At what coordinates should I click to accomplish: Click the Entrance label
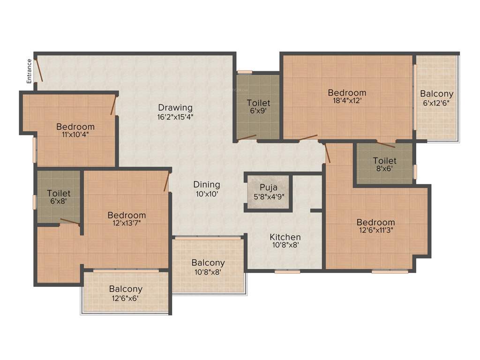point(29,71)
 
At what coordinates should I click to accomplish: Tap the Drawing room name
point(175,107)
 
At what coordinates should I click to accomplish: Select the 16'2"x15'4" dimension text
point(175,117)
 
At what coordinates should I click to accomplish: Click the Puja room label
point(268,187)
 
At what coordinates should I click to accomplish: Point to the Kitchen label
point(285,237)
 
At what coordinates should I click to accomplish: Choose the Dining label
point(207,185)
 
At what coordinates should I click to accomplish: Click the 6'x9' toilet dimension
point(258,112)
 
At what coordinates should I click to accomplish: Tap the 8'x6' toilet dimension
point(384,170)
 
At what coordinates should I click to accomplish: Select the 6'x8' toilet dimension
point(59,202)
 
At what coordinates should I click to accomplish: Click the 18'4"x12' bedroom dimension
point(347,101)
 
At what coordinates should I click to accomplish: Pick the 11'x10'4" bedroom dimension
point(75,135)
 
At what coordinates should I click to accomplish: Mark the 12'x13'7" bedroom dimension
point(127,224)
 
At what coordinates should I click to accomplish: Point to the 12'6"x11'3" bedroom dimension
point(375,231)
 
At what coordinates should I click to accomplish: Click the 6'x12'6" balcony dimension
point(436,103)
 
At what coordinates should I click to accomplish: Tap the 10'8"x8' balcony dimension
point(208,271)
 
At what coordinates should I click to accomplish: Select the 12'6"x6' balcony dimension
point(126,298)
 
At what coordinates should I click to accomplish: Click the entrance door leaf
point(40,70)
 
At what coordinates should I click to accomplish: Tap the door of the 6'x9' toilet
point(247,137)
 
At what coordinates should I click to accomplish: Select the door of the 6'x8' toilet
point(70,221)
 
